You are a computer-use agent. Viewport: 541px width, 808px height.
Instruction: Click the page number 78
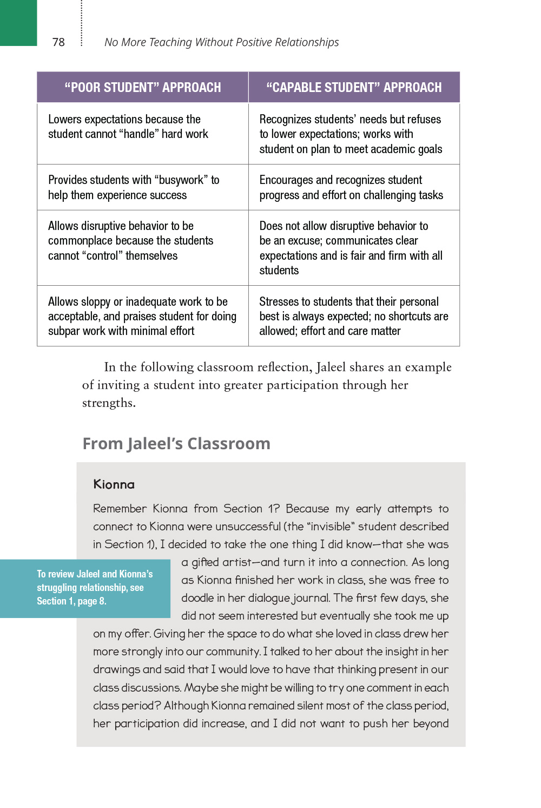coord(58,42)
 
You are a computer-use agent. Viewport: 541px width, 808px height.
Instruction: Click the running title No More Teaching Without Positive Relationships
coord(221,42)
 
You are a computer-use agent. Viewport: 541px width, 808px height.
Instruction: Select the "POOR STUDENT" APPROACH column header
coord(143,87)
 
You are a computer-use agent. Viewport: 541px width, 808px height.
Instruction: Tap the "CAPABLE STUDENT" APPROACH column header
coord(354,87)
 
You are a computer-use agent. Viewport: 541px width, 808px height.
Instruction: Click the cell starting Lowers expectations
coord(128,127)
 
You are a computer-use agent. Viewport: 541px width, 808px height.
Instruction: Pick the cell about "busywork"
coord(134,187)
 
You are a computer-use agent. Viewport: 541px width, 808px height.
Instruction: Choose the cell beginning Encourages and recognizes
coord(351,187)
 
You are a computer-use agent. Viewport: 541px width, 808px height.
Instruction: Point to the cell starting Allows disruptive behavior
coord(130,241)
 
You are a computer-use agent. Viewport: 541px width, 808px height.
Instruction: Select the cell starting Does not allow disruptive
coord(351,248)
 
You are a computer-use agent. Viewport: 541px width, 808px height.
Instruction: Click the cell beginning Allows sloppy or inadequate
coord(142,316)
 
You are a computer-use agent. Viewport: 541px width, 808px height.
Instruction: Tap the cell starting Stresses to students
coord(353,316)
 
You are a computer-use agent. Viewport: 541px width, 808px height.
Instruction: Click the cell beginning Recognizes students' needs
coord(351,134)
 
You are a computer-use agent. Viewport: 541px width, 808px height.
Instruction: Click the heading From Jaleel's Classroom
coord(176,444)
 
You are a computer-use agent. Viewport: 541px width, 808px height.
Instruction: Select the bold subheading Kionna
coord(114,484)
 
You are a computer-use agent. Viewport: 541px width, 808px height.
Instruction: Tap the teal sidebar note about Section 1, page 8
coord(95,588)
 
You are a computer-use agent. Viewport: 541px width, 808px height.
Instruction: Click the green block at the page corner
coord(18,22)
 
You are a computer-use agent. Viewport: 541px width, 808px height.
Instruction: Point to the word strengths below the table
coord(108,403)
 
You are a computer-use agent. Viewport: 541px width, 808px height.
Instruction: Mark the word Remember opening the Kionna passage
coord(120,509)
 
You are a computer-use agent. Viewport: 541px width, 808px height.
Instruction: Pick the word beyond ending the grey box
coord(431,724)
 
